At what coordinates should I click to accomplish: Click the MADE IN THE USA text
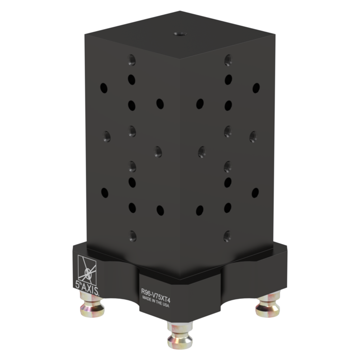(156, 301)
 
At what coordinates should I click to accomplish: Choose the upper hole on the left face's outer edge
(103, 87)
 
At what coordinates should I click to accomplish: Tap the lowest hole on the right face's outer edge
(255, 192)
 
